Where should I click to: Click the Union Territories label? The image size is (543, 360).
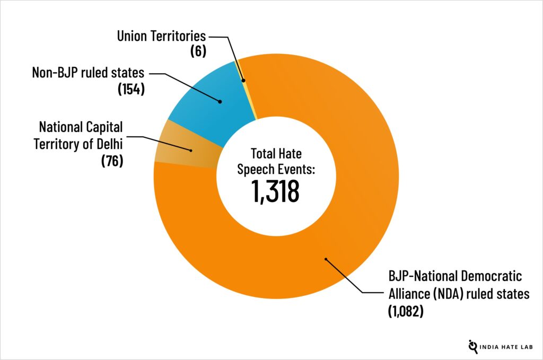tap(161, 37)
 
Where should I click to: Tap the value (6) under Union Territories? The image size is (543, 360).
tap(197, 51)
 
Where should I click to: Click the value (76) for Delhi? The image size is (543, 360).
tap(112, 160)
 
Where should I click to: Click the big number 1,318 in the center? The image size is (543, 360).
tap(276, 191)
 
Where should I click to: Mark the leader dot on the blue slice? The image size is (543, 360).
tap(220, 101)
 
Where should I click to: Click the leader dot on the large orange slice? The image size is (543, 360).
tap(326, 259)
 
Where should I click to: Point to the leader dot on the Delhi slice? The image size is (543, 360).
tap(191, 151)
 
